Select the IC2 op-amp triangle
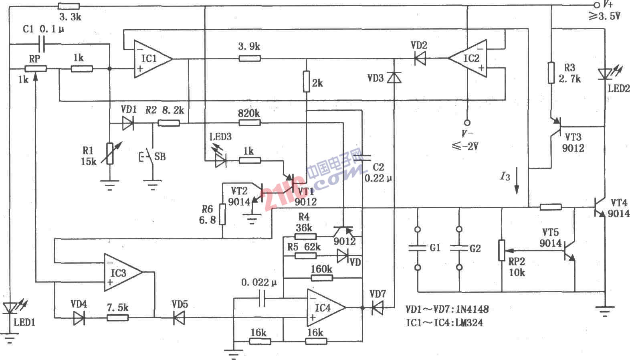click(468, 59)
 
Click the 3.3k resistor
click(69, 6)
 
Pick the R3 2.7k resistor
click(551, 73)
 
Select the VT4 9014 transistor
click(600, 207)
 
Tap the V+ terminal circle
click(596, 5)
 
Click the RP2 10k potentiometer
click(501, 251)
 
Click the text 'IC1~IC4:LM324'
click(444, 323)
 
